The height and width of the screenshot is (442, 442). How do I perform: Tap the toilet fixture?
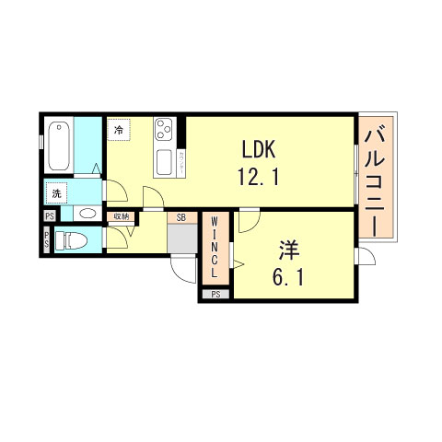[71, 242]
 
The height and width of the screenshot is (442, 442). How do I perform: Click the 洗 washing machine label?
[57, 194]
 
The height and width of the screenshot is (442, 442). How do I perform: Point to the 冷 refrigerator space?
[119, 131]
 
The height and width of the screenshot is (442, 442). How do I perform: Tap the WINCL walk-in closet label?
[215, 248]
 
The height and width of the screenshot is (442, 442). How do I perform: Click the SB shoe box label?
[182, 217]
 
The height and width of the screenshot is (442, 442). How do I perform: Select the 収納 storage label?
[121, 217]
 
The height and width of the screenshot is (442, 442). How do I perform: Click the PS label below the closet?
[215, 295]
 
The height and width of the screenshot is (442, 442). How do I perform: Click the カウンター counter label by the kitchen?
[180, 162]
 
